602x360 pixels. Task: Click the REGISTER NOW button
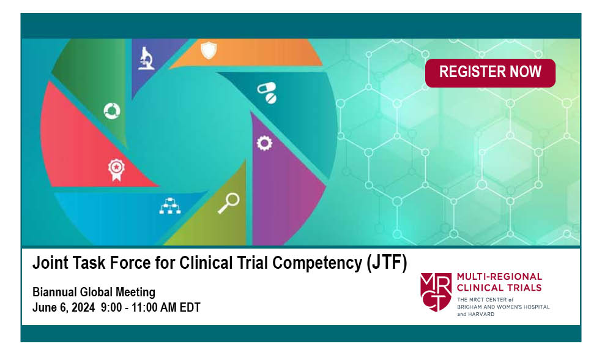tap(490, 73)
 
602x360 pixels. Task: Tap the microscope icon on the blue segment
tap(146, 58)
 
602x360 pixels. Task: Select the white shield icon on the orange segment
tap(209, 50)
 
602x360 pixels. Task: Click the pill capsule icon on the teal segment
tap(267, 92)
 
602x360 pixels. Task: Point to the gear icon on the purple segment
tap(264, 143)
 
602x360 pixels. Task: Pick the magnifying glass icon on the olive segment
tap(229, 203)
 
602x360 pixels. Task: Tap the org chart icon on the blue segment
tap(169, 206)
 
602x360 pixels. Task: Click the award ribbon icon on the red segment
tap(116, 170)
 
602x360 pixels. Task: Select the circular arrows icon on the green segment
tap(112, 111)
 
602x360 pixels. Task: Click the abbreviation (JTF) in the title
tap(387, 263)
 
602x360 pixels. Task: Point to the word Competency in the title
tap(318, 264)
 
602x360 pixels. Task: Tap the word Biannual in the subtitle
tap(54, 293)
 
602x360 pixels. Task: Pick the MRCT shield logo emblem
tap(436, 292)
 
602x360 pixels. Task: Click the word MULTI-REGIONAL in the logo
tap(499, 277)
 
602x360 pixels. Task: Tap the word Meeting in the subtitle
tap(136, 293)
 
